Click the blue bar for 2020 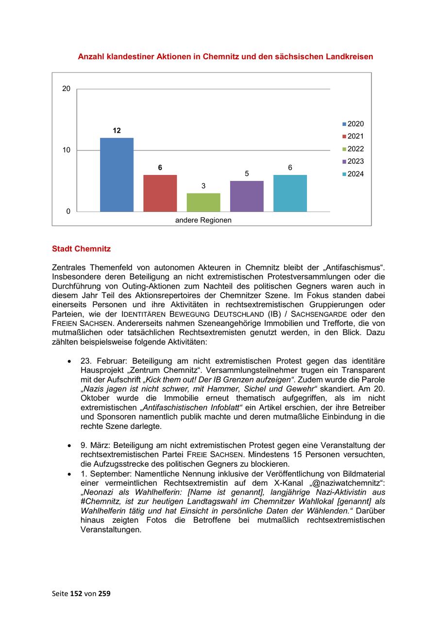[x=117, y=175]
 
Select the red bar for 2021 [x=160, y=193]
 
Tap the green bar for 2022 [x=203, y=202]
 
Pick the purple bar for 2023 [x=247, y=196]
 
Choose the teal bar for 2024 [x=290, y=193]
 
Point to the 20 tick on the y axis [x=66, y=89]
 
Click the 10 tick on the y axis [x=66, y=150]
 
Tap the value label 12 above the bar [x=117, y=131]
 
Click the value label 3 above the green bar [x=203, y=186]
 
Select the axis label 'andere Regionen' [x=203, y=220]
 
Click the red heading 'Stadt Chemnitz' [x=81, y=249]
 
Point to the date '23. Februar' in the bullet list [x=101, y=361]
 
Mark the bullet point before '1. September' [x=70, y=474]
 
